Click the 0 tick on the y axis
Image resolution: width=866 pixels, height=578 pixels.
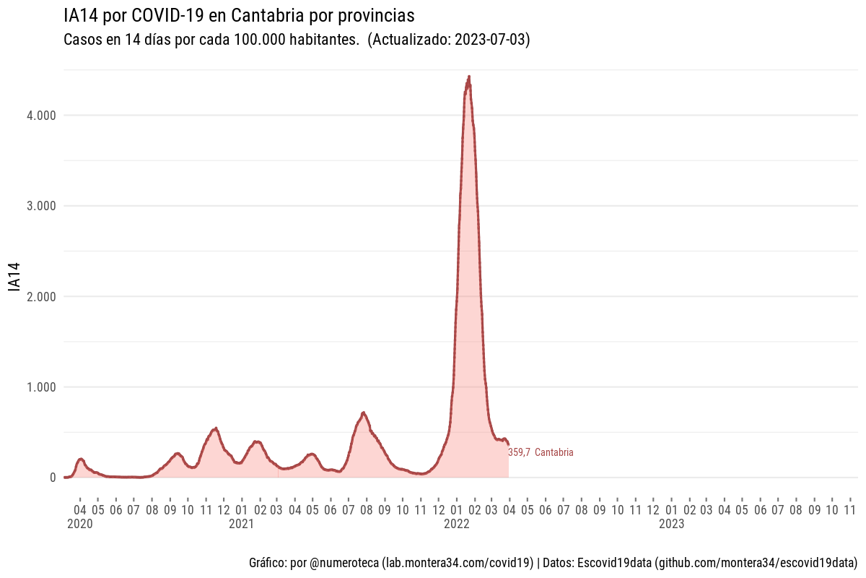(x=53, y=478)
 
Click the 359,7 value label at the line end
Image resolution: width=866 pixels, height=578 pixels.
(x=520, y=453)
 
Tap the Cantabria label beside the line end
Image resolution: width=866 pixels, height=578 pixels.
(x=554, y=453)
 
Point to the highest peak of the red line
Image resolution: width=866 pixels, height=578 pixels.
(x=469, y=76)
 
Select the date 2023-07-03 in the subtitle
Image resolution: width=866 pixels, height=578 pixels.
(x=491, y=40)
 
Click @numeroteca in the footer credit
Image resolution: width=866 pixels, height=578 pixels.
(x=344, y=562)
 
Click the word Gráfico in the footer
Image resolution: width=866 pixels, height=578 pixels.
(x=266, y=562)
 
